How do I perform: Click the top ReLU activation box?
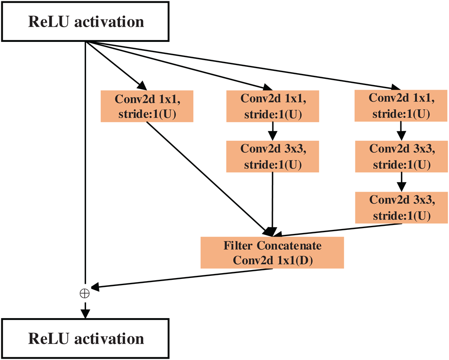pyautogui.click(x=86, y=22)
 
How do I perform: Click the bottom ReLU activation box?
pyautogui.click(x=86, y=338)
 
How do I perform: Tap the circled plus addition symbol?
pyautogui.click(x=84, y=293)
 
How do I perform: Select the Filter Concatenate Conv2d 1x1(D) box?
pyautogui.click(x=272, y=253)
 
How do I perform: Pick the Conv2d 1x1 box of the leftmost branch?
pyautogui.click(x=147, y=106)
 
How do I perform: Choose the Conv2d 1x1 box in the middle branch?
pyautogui.click(x=272, y=106)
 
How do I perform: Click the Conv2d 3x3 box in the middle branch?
pyautogui.click(x=272, y=156)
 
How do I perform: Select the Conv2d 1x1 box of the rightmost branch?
pyautogui.click(x=401, y=106)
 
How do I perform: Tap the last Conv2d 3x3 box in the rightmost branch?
pyautogui.click(x=401, y=208)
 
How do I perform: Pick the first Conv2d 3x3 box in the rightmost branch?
pyautogui.click(x=401, y=157)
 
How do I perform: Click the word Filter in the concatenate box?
pyautogui.click(x=240, y=245)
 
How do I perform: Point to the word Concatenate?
pyautogui.click(x=290, y=245)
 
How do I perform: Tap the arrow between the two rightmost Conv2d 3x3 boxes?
pyautogui.click(x=401, y=182)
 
